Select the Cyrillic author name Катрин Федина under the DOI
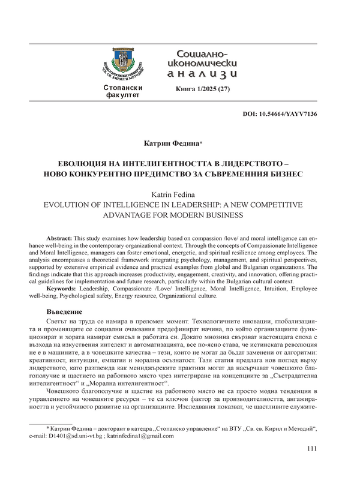pos(179,144)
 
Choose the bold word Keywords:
pos(63,290)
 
